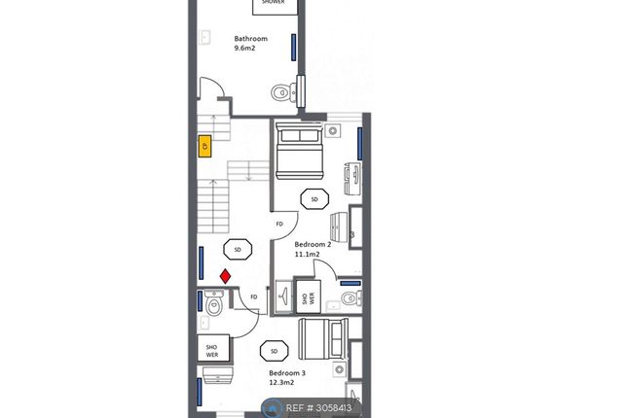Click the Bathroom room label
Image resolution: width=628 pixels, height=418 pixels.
(x=251, y=39)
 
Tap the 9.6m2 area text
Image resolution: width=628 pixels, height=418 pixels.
(x=244, y=48)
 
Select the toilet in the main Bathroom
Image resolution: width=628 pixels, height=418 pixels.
(x=283, y=92)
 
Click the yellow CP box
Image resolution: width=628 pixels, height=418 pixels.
(x=205, y=147)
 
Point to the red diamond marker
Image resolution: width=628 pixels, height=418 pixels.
(x=226, y=276)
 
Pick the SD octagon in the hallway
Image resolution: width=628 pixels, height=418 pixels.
(x=238, y=250)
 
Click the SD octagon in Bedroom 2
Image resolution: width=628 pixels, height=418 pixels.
(x=314, y=199)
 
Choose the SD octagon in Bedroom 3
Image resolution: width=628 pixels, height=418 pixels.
(x=275, y=351)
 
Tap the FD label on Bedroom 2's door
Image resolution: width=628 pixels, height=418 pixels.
(x=279, y=224)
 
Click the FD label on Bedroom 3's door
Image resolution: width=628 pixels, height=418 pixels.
(x=254, y=296)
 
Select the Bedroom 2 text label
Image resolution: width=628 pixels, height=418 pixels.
(x=313, y=244)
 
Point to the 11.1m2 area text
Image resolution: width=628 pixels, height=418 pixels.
(x=308, y=254)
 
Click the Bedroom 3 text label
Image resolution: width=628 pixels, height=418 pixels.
(x=287, y=373)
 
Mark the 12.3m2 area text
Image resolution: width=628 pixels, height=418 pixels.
(x=281, y=383)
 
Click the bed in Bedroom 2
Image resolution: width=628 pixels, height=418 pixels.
(x=299, y=151)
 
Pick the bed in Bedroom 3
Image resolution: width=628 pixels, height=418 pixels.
(x=323, y=339)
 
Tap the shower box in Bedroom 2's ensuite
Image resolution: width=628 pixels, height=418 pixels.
(x=309, y=296)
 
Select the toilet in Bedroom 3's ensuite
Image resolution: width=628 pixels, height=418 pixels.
(x=214, y=304)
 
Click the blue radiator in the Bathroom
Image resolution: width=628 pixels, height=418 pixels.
(x=294, y=48)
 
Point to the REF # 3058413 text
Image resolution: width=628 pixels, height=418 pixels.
(x=318, y=408)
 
